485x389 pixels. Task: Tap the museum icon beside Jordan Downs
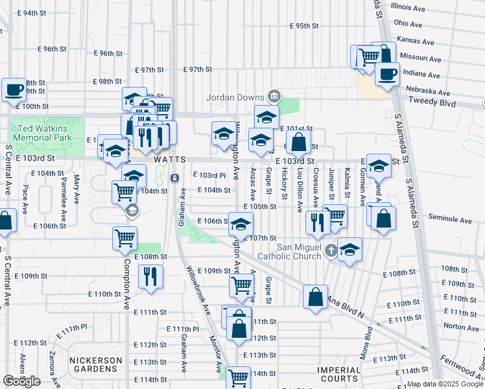click(x=274, y=97)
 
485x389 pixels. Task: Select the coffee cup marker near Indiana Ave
click(x=387, y=74)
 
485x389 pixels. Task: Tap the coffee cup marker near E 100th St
click(x=14, y=89)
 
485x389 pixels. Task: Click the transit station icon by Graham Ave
click(x=174, y=178)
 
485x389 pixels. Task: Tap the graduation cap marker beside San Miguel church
click(x=349, y=250)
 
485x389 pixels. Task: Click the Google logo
click(x=21, y=381)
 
